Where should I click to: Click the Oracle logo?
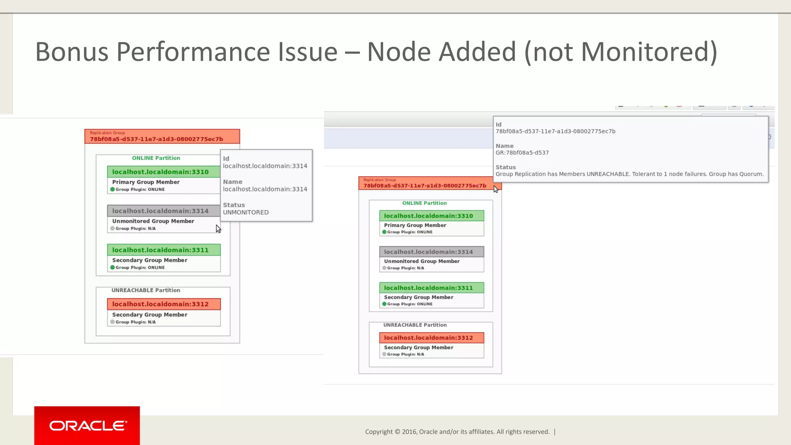coord(87,426)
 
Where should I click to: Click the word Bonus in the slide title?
coord(71,52)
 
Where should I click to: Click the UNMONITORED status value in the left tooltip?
coord(246,212)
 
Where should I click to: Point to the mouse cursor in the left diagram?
coord(218,228)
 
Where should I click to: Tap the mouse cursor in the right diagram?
coord(496,189)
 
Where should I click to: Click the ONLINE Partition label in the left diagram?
coord(156,158)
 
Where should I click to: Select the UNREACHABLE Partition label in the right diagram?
coord(415,325)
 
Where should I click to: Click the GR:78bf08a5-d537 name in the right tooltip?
coord(522,153)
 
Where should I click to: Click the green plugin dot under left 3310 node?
coord(112,189)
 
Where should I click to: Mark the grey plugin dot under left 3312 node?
coord(112,322)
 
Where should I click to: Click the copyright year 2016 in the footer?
coord(409,432)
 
